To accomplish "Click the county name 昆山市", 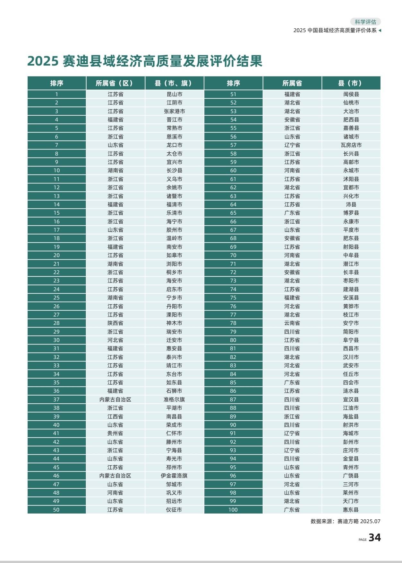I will tap(174, 94).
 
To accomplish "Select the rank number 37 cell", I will tap(56, 399).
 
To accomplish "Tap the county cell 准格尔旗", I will tap(174, 399).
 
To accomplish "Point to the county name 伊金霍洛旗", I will tap(174, 476).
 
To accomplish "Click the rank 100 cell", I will tap(233, 510).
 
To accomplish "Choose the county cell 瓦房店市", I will tap(351, 145).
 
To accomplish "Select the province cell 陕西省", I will tap(115, 323).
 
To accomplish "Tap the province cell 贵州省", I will tap(115, 433).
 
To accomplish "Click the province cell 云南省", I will tap(292, 323).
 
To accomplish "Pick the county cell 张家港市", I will tap(174, 111).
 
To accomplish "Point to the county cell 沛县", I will tap(351, 204).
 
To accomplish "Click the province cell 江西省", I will tap(115, 416).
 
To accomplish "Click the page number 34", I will tap(374, 538).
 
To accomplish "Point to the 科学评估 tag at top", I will tap(365, 22).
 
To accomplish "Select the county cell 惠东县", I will tap(351, 510).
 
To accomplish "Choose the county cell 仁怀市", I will tap(174, 433).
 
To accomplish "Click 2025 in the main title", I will tap(42, 61).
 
